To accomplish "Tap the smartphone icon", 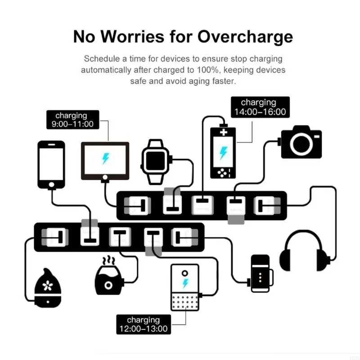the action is (51, 165).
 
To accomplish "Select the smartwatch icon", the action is (157, 161).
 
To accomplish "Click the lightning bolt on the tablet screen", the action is (105, 158).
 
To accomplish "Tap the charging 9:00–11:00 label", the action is (71, 120).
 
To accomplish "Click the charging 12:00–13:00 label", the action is (143, 324).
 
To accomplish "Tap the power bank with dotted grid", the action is (185, 288).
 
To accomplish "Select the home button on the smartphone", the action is (51, 184).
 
